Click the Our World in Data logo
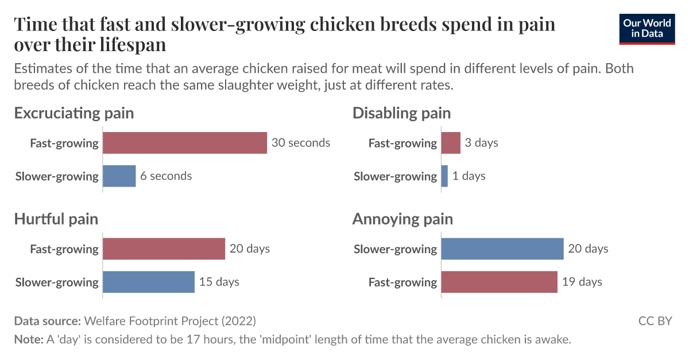(647, 29)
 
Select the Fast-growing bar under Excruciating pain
(184, 143)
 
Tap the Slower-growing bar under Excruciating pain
(119, 176)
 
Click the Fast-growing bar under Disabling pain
(451, 143)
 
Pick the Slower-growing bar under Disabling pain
(444, 176)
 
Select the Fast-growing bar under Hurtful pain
(164, 249)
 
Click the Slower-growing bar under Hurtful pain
(148, 282)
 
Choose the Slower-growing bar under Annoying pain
(502, 249)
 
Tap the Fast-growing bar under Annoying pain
(499, 282)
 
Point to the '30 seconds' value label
(301, 143)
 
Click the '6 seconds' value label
(166, 176)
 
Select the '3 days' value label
(481, 143)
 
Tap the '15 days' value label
(219, 282)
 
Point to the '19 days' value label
(582, 282)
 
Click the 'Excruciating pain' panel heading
(74, 113)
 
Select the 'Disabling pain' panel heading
(401, 113)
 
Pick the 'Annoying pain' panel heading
(402, 219)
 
